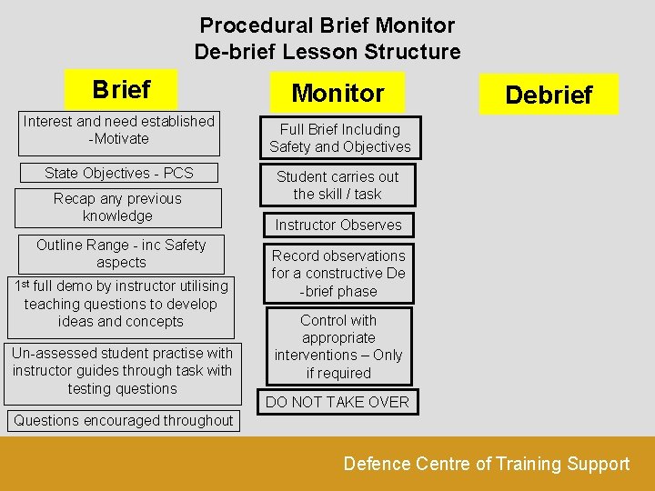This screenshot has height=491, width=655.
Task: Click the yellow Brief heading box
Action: pos(121,90)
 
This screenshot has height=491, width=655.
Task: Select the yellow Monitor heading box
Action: pos(337,93)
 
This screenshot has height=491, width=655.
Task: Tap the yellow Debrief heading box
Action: pos(549,95)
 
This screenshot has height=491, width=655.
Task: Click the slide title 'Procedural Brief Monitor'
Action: pos(327,25)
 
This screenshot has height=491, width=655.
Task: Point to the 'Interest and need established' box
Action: pos(119,131)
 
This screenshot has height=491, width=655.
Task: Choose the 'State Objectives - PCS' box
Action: pos(119,173)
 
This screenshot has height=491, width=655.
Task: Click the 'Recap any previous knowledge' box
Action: pos(118,207)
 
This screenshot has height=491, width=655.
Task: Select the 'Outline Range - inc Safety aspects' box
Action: pos(121,254)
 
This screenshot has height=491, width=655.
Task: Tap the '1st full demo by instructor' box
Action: pos(121,305)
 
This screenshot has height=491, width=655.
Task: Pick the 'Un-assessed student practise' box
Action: pos(122,371)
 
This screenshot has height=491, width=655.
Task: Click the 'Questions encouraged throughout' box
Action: pos(123,421)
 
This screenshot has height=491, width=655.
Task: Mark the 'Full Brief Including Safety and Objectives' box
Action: pos(339,138)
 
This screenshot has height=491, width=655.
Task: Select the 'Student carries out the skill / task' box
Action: pos(338,185)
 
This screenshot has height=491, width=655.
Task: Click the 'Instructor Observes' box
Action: pos(338,225)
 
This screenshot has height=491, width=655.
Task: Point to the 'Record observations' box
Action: pos(338,274)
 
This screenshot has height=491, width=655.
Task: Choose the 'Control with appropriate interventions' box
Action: pos(338,346)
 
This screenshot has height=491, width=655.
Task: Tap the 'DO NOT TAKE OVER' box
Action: pos(338,402)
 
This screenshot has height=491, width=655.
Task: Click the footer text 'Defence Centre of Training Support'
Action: pos(486,464)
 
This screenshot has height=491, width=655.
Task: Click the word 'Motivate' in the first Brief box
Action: pos(122,139)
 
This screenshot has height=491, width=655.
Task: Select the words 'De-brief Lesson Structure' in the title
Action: pos(327,52)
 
